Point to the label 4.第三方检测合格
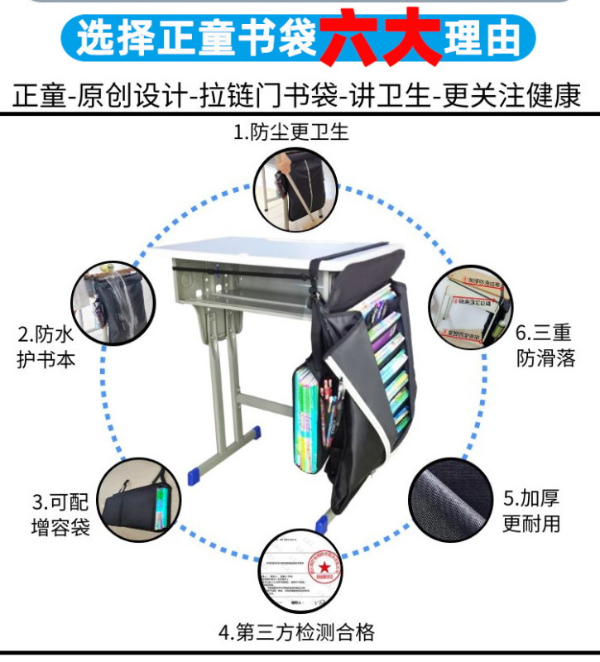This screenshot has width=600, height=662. point(297,634)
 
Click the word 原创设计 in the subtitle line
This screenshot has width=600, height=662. point(132,98)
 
